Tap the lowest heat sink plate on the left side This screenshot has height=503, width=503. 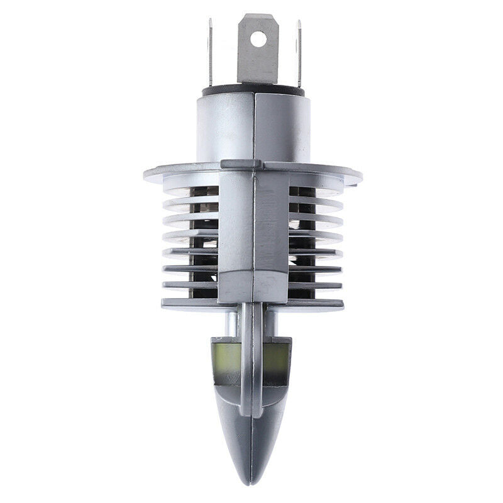tap(189, 304)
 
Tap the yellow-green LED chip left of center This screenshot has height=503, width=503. tap(229, 358)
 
